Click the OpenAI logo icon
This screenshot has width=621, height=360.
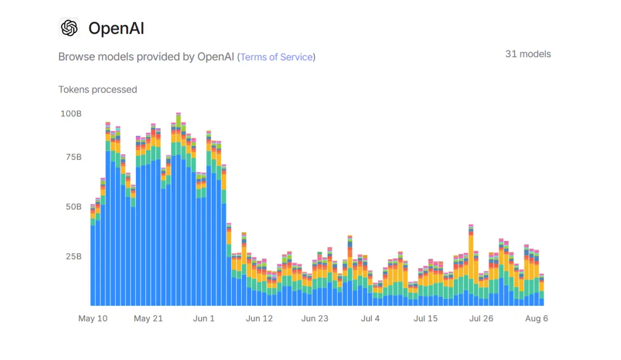(x=69, y=28)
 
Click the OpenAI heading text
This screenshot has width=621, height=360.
(x=116, y=28)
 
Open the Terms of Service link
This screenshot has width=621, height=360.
(x=277, y=57)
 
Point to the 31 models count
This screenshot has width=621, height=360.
(x=528, y=54)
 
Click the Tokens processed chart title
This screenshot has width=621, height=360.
(x=97, y=89)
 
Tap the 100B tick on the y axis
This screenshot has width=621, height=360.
(x=71, y=114)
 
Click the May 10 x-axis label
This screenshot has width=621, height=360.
(x=93, y=318)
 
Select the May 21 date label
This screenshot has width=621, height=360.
(x=149, y=318)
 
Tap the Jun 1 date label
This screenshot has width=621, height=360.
(x=204, y=318)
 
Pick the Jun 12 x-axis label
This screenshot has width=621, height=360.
(x=259, y=318)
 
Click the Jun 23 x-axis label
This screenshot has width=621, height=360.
(x=315, y=318)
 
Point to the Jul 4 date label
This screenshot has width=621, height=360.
(x=370, y=318)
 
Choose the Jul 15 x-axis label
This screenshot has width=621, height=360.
(x=426, y=318)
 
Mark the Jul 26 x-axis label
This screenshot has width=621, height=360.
(x=481, y=318)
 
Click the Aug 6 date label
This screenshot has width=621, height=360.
(x=536, y=318)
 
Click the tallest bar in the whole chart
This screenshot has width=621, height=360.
(x=179, y=211)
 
